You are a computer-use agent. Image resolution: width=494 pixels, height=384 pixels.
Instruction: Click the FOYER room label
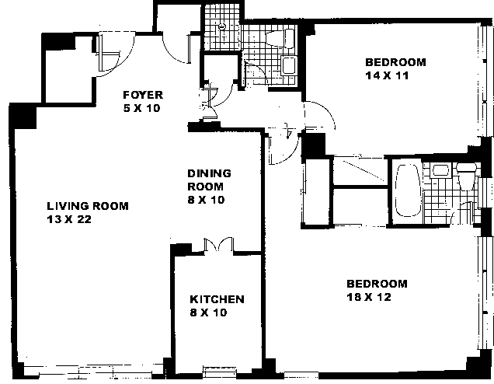coord(143,95)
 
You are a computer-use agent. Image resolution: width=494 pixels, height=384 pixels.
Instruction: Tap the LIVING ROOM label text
coord(88,206)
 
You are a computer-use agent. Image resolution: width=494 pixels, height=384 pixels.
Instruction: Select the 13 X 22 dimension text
coord(69,219)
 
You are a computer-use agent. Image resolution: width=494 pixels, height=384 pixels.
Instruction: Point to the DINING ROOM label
coord(209,180)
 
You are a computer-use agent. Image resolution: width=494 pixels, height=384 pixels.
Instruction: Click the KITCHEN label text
coord(217,299)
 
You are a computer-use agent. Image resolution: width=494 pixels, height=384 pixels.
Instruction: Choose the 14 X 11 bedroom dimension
coord(387,75)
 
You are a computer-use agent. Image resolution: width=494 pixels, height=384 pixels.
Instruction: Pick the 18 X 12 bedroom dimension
coord(369,297)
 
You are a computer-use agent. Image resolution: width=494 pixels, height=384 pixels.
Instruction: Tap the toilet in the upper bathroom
coord(280,38)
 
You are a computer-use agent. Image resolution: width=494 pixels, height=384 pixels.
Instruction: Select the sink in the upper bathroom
coord(288,65)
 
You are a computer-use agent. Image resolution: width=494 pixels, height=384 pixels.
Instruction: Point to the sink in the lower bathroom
coord(440,170)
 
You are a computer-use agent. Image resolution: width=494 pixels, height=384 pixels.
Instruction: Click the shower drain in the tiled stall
coord(222,26)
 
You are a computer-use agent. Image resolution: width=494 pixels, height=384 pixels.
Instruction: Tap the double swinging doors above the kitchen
coord(218,244)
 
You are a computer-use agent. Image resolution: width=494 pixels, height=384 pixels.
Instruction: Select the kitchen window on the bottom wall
coord(219,370)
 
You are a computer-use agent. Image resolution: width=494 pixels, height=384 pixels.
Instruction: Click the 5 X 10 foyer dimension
coord(141,108)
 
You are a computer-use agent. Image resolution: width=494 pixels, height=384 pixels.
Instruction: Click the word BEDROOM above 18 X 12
coord(377,284)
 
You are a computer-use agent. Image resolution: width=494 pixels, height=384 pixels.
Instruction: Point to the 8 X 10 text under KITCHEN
coord(208,312)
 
